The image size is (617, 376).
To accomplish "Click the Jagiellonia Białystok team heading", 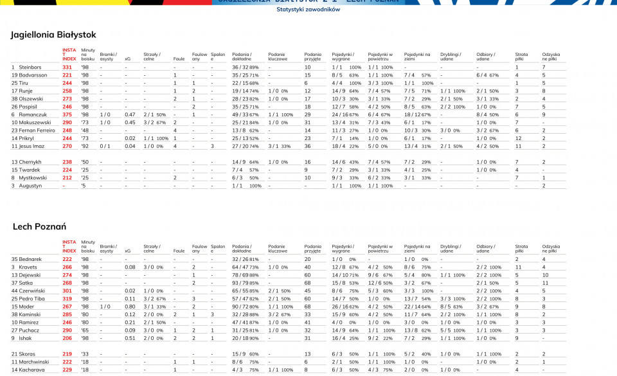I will point(53,35).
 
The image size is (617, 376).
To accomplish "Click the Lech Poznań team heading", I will point(39,227).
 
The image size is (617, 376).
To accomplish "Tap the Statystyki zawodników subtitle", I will point(308,10).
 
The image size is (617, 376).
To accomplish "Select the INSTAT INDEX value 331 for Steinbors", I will point(67,67).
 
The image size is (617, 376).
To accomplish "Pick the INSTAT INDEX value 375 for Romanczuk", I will point(67,114).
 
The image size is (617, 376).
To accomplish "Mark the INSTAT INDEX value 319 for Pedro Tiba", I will point(67,299).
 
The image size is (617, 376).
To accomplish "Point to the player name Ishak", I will point(25,338).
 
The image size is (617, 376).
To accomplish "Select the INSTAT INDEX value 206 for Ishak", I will point(67,338).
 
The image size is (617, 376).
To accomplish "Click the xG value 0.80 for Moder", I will point(130,307).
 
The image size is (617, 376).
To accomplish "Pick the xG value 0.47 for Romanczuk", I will point(130,114).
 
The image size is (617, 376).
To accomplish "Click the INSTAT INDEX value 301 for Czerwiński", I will point(67,291).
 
